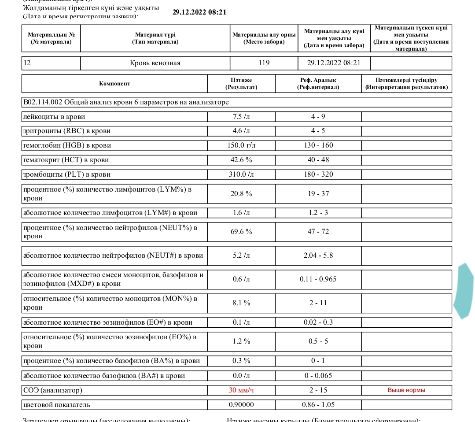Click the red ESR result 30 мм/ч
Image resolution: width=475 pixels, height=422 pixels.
coord(241,390)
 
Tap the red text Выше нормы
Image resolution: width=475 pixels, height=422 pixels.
coord(406,390)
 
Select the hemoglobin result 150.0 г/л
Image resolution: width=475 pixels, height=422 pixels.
coord(241,145)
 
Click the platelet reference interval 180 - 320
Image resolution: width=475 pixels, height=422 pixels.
coord(318,174)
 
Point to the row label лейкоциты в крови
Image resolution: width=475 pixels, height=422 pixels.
coord(54,117)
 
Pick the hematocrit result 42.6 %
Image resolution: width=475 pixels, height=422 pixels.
coord(241,160)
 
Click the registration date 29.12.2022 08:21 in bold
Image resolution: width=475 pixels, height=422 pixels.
coord(199,12)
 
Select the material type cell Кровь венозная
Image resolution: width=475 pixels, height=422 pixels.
coord(155,63)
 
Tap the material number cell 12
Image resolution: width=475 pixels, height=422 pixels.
coord(27,63)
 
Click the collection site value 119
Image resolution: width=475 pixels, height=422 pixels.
coord(264,63)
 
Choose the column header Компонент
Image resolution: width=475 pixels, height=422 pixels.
coord(114,84)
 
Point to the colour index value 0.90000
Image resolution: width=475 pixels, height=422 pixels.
coord(241,405)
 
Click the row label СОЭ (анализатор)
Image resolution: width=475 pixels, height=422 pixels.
coord(53,390)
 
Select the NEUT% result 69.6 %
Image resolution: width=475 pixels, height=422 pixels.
coord(241,231)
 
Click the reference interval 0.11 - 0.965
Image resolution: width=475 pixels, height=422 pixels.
coord(318,279)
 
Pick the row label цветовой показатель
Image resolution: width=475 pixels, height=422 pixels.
coord(57,405)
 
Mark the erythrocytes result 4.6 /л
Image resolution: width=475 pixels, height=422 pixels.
coord(241,131)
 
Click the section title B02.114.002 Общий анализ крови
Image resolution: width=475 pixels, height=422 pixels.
coord(126,103)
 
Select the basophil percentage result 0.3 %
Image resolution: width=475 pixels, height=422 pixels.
coord(241,361)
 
